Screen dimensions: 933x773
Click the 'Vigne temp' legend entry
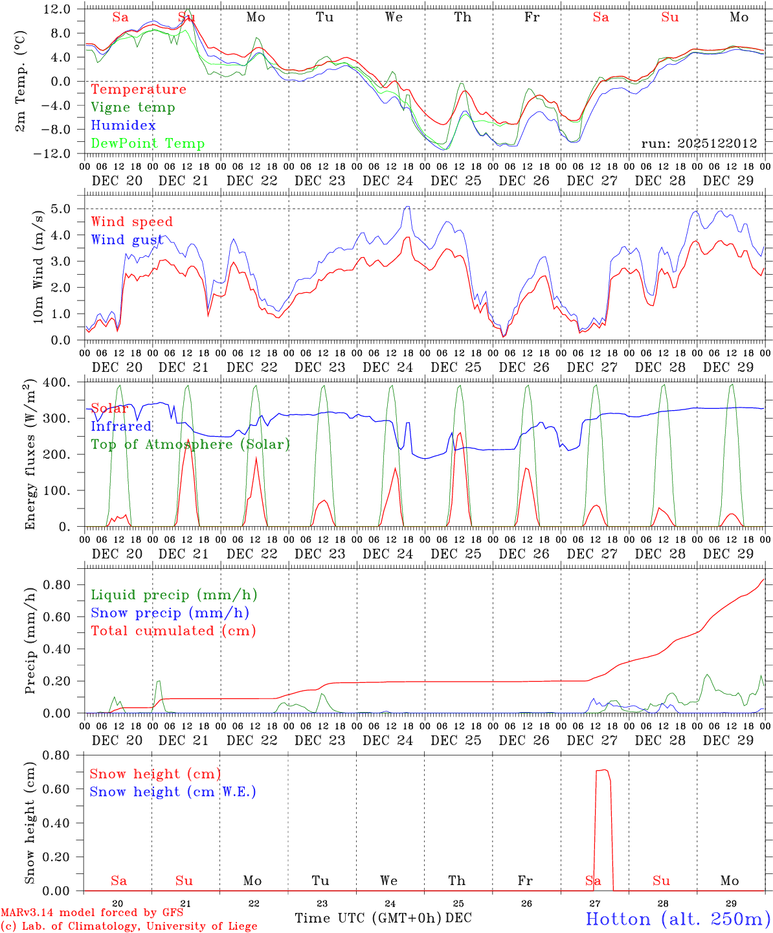click(x=133, y=108)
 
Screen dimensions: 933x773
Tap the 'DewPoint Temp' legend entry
click(x=148, y=144)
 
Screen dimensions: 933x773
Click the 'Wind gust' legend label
click(x=128, y=240)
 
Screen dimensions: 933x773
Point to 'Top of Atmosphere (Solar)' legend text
click(x=190, y=444)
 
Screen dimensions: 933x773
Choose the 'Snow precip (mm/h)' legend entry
click(x=170, y=613)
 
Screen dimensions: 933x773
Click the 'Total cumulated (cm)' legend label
click(x=174, y=631)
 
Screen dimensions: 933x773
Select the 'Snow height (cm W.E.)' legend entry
click(x=173, y=792)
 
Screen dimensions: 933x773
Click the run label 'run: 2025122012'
click(x=699, y=144)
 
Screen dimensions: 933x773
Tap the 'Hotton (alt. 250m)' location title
click(x=678, y=919)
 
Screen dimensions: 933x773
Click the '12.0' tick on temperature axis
click(x=58, y=9)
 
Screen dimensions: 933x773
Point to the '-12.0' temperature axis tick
click(x=55, y=154)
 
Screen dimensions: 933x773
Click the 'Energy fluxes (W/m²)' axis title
click(x=29, y=455)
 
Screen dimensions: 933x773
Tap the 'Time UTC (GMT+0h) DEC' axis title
click(x=383, y=918)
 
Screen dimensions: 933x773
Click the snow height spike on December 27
click(x=603, y=771)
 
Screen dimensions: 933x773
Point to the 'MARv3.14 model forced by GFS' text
click(x=92, y=913)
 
